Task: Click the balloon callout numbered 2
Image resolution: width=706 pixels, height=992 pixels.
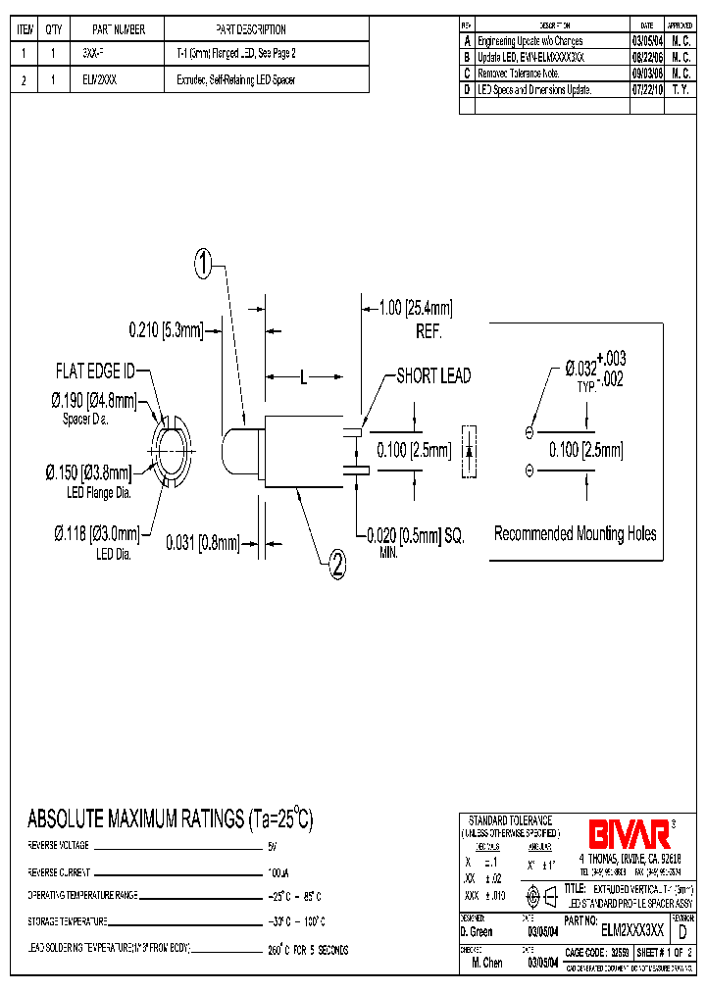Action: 336,564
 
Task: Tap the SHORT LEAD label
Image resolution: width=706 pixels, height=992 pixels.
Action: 432,376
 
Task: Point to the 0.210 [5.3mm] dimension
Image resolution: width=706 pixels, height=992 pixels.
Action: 166,330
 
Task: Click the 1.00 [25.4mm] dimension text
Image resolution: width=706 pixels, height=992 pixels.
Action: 416,309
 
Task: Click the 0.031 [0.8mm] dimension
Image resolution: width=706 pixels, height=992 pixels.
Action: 203,541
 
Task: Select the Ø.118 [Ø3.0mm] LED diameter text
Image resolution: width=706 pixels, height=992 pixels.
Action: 96,533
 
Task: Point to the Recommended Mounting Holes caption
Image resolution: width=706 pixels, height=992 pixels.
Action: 575,534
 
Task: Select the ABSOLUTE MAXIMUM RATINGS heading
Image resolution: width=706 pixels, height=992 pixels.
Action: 170,819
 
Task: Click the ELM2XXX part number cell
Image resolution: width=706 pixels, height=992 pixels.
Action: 100,80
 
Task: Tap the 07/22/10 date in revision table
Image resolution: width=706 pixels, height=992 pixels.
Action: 646,89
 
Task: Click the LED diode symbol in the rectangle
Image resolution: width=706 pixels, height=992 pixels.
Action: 469,451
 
